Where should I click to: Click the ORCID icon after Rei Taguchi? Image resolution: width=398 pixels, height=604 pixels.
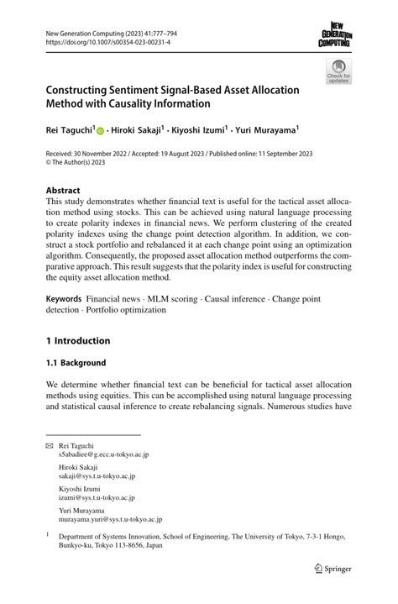(101, 132)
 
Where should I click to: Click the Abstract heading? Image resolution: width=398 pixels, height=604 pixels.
(63, 190)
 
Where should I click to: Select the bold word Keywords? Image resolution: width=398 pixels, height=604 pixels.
(64, 299)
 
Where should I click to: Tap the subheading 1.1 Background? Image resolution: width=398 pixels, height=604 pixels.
(76, 363)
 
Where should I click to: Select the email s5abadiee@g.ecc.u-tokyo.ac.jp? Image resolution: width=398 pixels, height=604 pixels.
(103, 454)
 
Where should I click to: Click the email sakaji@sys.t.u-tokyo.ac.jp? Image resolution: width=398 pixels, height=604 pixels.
(97, 476)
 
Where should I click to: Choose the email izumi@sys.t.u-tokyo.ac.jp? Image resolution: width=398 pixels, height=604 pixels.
(96, 498)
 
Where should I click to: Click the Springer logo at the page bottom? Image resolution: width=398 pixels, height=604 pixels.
(332, 569)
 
